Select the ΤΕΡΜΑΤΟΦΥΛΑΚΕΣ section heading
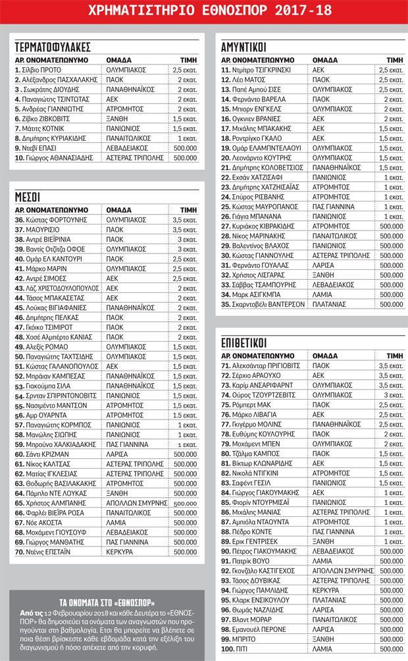point(52,47)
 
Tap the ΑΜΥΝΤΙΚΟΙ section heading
point(247,47)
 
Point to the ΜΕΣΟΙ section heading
point(27,196)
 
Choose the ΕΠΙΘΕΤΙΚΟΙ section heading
point(248,342)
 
